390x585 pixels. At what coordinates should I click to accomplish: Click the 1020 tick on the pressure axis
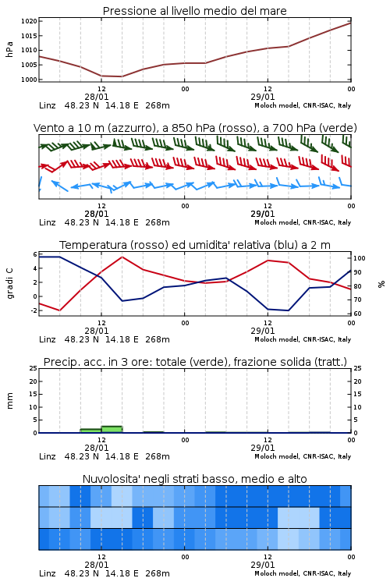coord(29,21)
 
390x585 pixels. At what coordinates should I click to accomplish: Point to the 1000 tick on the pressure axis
coord(29,80)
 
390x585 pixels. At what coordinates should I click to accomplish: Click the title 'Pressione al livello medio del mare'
coord(195,11)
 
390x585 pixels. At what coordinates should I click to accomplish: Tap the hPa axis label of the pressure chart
coord(9,50)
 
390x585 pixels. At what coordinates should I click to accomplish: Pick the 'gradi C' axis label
coord(9,284)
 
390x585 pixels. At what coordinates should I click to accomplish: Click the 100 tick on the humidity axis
coord(360,258)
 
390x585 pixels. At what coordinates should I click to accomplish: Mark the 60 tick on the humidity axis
coord(357,314)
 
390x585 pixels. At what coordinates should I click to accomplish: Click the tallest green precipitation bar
coord(112,430)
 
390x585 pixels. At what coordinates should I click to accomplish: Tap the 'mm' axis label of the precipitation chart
coord(9,401)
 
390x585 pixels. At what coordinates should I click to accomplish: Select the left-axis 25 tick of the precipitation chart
coord(34,369)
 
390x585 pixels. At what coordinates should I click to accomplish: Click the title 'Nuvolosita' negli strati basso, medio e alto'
coord(195,479)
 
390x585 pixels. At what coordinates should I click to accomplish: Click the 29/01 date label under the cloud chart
coord(263,565)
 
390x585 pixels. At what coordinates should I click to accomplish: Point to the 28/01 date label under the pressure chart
coord(97,97)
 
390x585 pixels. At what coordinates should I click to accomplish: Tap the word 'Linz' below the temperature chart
coord(48,339)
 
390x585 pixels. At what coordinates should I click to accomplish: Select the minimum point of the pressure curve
coord(122,76)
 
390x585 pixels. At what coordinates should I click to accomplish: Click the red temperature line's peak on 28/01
coord(122,257)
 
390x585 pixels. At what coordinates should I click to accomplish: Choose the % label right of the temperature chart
coord(381,284)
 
